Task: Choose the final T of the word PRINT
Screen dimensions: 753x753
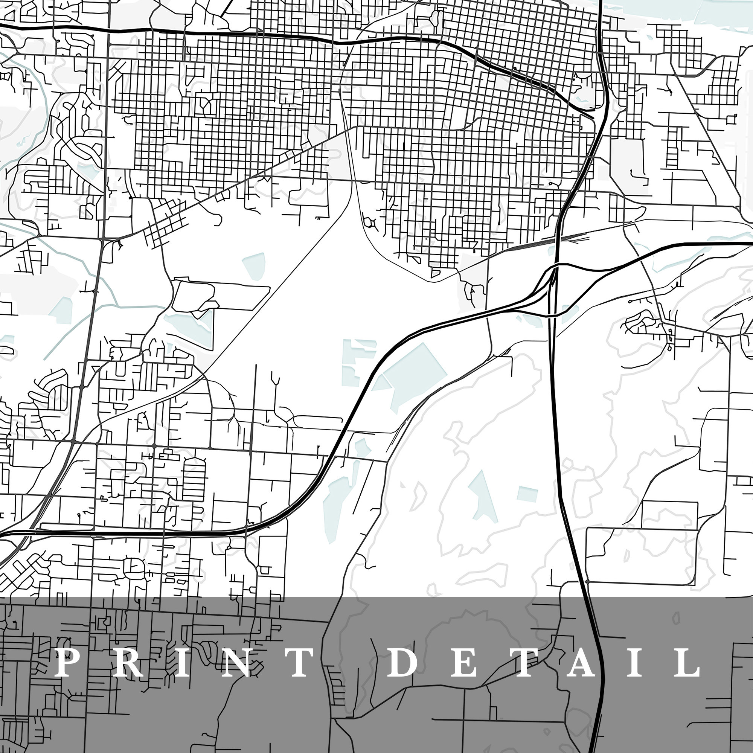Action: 299,662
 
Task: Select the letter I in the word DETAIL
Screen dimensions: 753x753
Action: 636,662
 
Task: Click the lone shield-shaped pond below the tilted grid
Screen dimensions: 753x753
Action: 255,265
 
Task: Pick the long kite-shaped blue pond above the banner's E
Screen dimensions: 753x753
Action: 483,495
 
